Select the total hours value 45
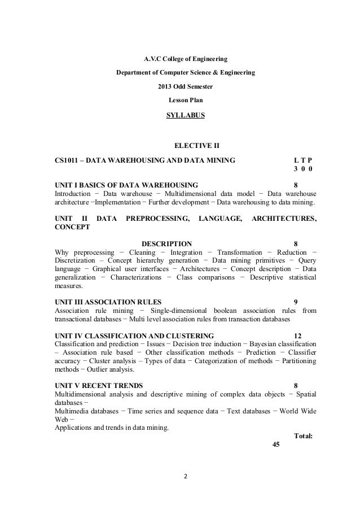[276, 444]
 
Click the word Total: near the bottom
[304, 435]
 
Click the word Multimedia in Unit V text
[72, 410]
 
